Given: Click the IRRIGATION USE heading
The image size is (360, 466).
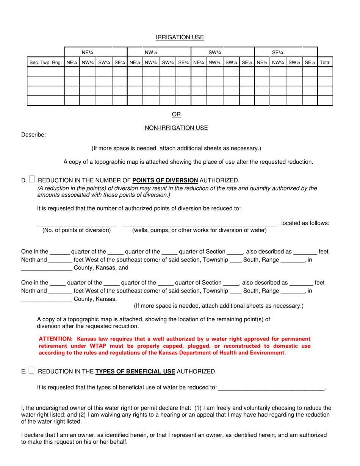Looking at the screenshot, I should [180, 37].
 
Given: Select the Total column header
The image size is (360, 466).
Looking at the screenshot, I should [325, 62].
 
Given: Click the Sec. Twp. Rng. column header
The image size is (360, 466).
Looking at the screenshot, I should [45, 62].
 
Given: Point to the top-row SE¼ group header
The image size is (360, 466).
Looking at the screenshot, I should [278, 52].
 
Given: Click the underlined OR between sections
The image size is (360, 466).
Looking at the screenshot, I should [176, 114].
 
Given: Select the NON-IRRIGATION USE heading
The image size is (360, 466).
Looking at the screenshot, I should [176, 128].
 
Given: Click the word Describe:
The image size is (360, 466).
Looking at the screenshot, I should [33, 134].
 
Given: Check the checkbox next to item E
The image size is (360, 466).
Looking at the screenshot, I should [31, 371].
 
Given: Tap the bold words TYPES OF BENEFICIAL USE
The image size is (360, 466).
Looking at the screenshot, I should [135, 372].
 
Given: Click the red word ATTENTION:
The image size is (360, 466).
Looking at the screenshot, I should [55, 339].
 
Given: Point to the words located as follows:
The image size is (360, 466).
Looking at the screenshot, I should [305, 223].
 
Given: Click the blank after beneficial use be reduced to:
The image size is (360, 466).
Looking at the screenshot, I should [272, 387].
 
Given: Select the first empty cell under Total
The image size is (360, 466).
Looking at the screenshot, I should [325, 72].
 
